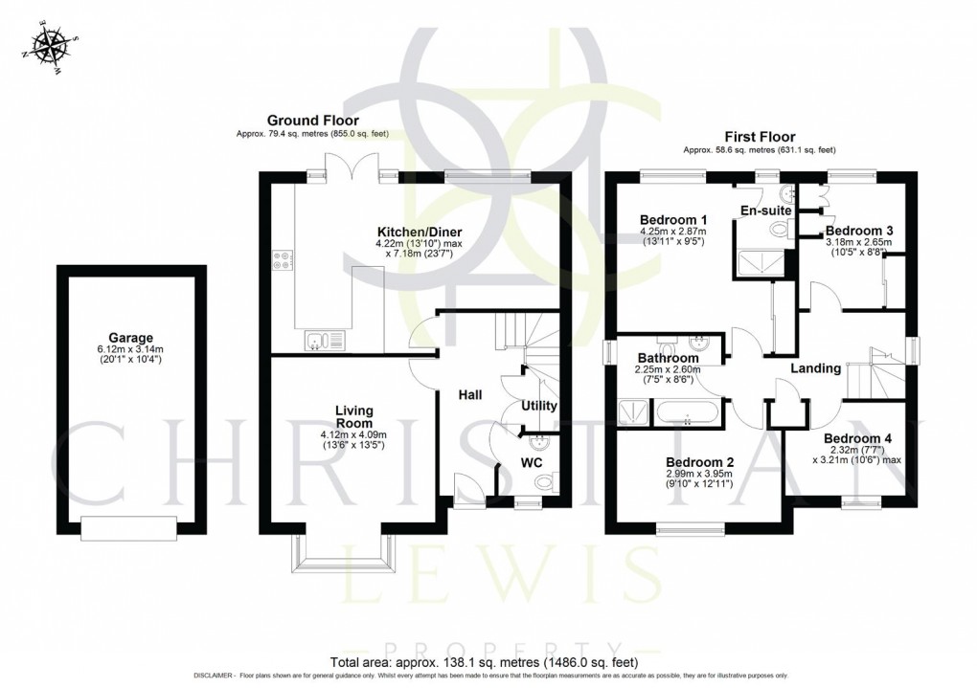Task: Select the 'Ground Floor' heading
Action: (312, 121)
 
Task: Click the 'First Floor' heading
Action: (760, 137)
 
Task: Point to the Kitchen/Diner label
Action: (415, 230)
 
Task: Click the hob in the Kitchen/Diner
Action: (284, 260)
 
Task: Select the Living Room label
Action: (353, 416)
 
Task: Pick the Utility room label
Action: (538, 406)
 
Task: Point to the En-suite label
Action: (764, 211)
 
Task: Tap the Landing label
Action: (815, 368)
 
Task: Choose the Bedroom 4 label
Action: (857, 439)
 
